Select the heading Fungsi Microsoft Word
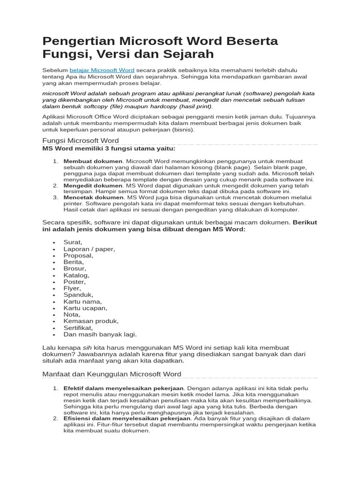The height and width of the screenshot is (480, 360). click(81, 141)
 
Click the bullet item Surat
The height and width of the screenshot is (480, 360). click(73, 242)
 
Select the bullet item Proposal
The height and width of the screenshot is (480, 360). click(78, 255)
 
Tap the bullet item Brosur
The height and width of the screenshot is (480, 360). click(75, 269)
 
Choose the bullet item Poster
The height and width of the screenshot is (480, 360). click(75, 282)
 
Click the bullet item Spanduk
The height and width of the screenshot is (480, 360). click(78, 295)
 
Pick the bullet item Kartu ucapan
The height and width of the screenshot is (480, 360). click(85, 308)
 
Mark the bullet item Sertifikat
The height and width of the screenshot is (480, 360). click(78, 328)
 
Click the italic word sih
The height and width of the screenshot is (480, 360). click(87, 347)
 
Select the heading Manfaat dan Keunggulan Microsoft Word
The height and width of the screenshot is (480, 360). click(112, 374)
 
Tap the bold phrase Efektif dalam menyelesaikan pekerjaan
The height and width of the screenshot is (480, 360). click(124, 389)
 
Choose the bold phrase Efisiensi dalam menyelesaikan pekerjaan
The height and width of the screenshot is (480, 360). click(127, 418)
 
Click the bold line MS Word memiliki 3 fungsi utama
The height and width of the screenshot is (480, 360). click(109, 149)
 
